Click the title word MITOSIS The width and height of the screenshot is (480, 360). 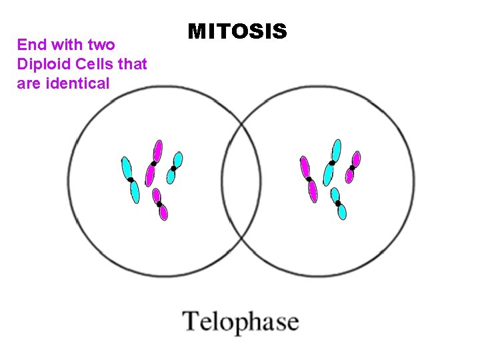[237, 31]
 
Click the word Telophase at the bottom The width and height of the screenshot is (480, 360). [241, 322]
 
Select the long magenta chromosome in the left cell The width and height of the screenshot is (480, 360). [154, 162]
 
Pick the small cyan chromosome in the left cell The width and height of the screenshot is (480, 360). [175, 167]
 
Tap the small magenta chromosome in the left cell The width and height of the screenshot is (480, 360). [160, 204]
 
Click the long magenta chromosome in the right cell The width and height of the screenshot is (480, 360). [309, 179]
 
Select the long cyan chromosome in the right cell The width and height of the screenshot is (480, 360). [332, 162]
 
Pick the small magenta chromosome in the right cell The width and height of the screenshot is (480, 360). [353, 167]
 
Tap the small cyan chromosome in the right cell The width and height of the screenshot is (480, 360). [339, 203]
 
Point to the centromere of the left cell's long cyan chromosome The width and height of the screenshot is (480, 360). [131, 180]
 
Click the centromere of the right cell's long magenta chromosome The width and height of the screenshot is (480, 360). [309, 179]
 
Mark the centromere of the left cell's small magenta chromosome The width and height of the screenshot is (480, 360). [159, 203]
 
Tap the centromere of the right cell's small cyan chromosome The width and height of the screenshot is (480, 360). [338, 203]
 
